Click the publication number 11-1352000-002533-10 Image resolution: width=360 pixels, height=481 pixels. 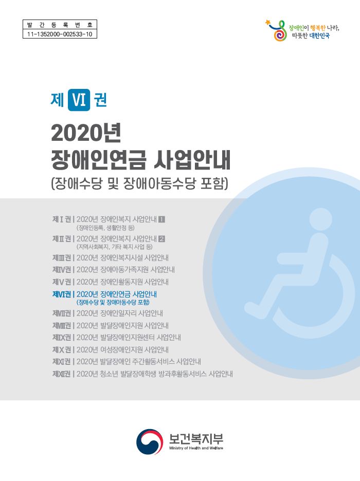click(x=60, y=34)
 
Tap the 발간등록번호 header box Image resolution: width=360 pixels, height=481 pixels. click(x=60, y=25)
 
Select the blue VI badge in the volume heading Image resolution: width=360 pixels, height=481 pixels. click(x=79, y=100)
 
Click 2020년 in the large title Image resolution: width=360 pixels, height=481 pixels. click(x=86, y=134)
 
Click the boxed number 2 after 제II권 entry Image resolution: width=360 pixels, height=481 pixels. click(x=162, y=238)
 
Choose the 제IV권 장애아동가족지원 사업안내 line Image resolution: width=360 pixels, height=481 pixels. click(x=114, y=270)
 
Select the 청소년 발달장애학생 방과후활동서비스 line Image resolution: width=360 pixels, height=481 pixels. click(x=154, y=374)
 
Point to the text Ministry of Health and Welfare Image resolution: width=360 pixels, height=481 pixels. click(x=196, y=449)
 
